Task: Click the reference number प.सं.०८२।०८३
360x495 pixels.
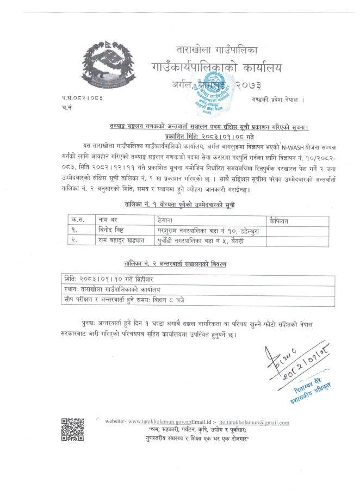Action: (x=82, y=97)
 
